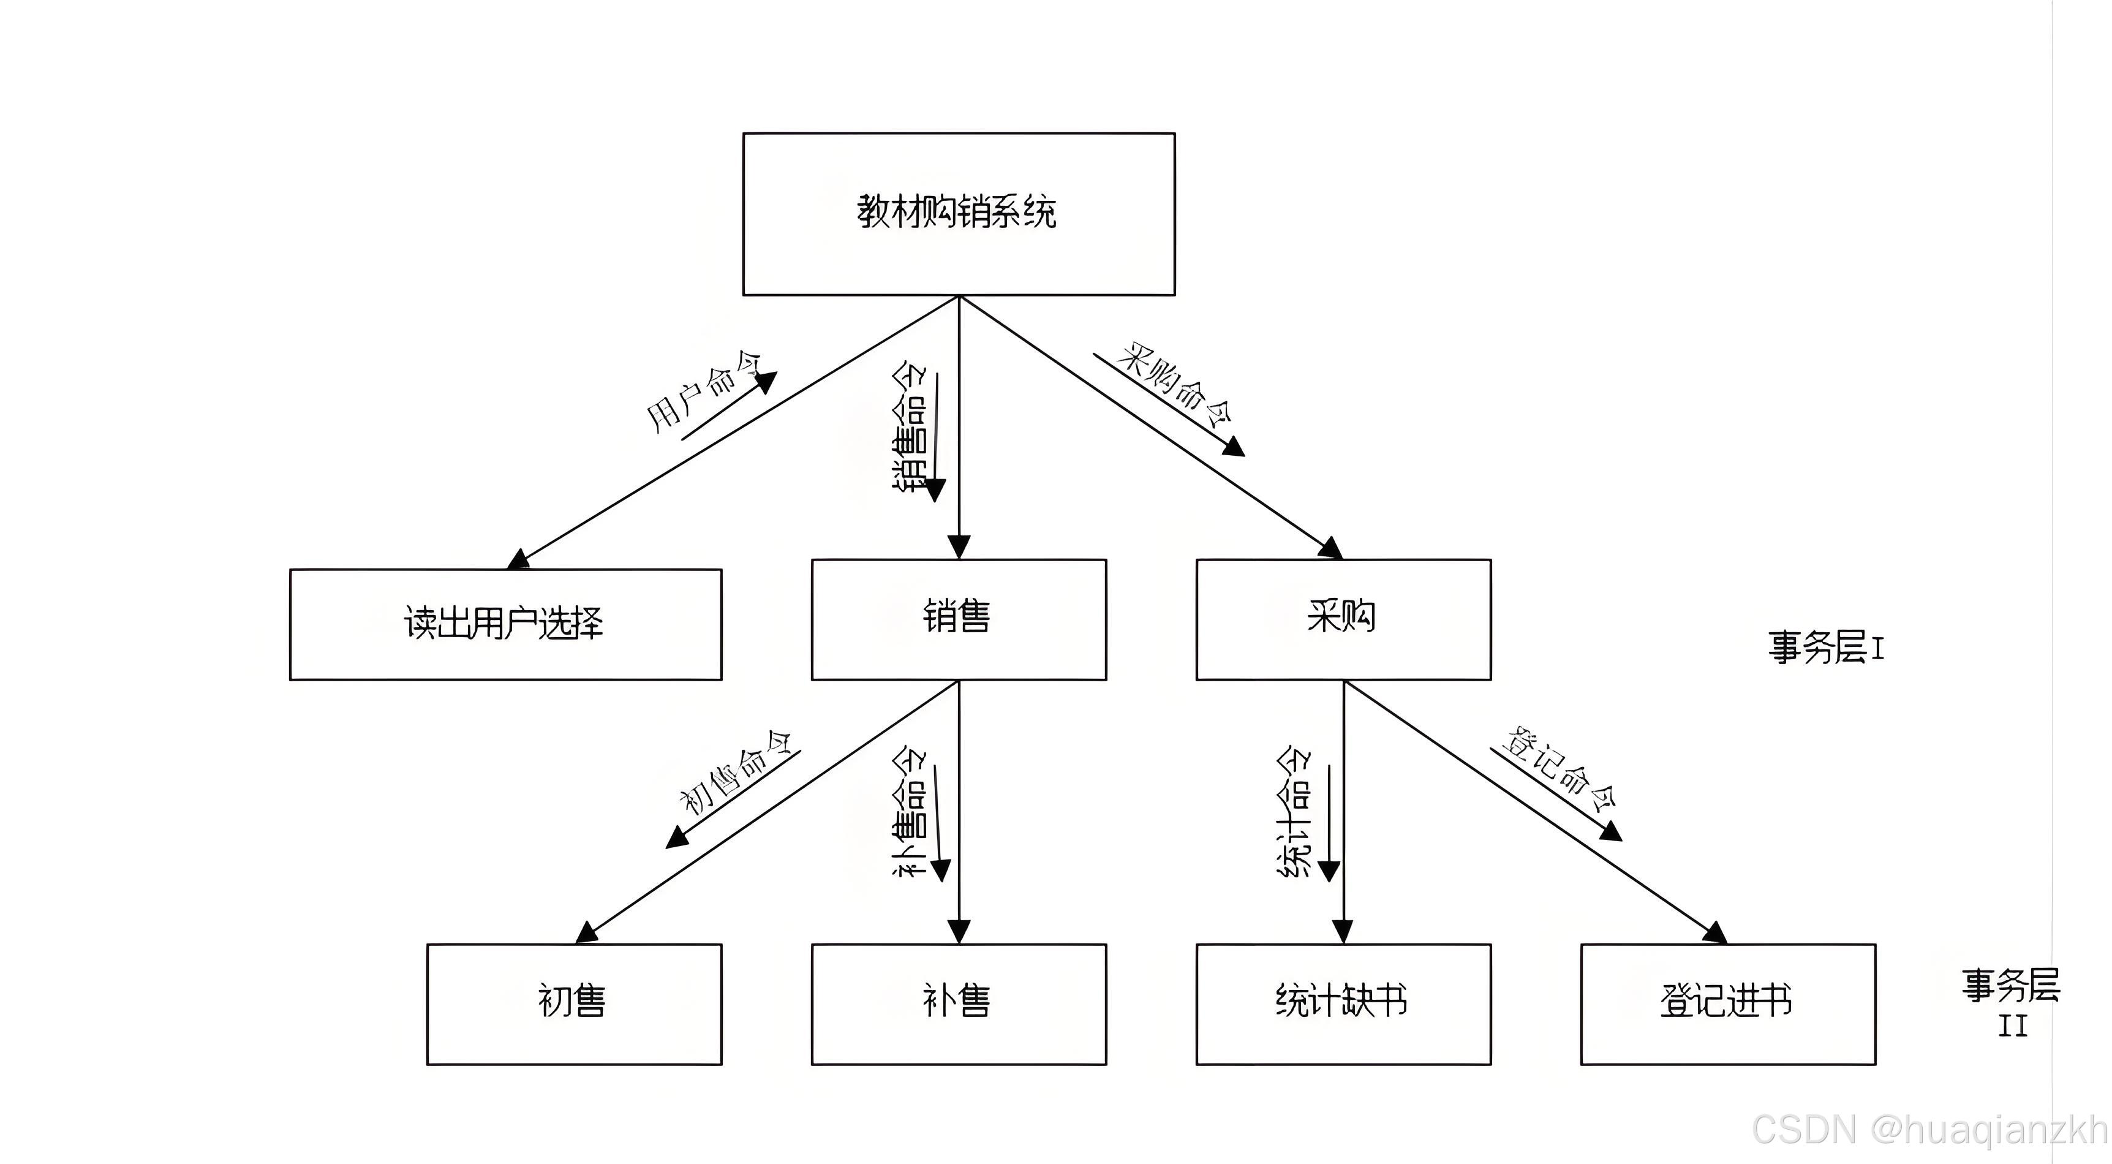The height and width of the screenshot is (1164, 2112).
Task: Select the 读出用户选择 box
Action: click(x=505, y=624)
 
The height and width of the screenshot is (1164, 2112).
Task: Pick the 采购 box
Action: click(x=1343, y=619)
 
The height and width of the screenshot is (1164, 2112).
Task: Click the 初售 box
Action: click(x=573, y=1003)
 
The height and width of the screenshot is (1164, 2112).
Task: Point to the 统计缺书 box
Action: click(x=1343, y=1003)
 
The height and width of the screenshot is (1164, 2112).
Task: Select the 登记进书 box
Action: click(x=1727, y=1003)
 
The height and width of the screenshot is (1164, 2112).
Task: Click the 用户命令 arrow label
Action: click(x=703, y=391)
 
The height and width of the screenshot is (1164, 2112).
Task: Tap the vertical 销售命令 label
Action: click(x=911, y=426)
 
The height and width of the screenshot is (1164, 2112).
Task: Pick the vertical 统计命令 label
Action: click(x=1295, y=812)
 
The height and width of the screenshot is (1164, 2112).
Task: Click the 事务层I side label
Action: click(x=1826, y=647)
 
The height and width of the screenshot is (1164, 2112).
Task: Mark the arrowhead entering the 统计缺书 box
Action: click(x=1343, y=932)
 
